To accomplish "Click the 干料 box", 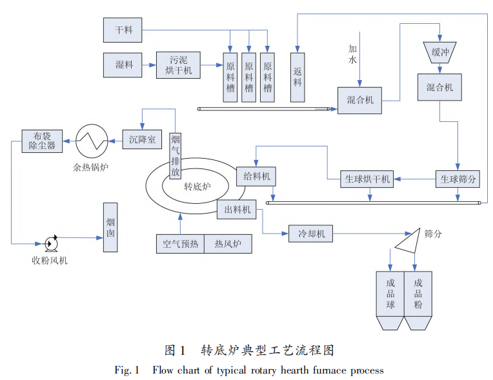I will (122, 30).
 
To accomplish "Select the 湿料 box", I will (122, 65).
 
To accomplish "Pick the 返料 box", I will (297, 78).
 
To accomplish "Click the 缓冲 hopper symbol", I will (439, 53).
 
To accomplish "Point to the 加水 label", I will (352, 54).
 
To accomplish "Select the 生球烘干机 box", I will (366, 179).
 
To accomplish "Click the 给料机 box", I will (256, 175).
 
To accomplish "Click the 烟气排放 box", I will (176, 155).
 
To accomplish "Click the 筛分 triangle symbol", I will (407, 240).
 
